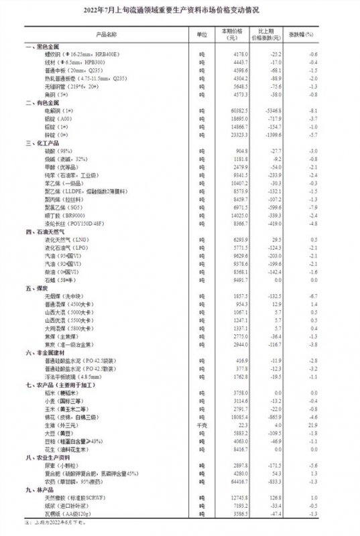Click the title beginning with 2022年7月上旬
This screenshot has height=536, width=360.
point(180,12)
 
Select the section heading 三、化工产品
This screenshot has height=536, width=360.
point(42,143)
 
